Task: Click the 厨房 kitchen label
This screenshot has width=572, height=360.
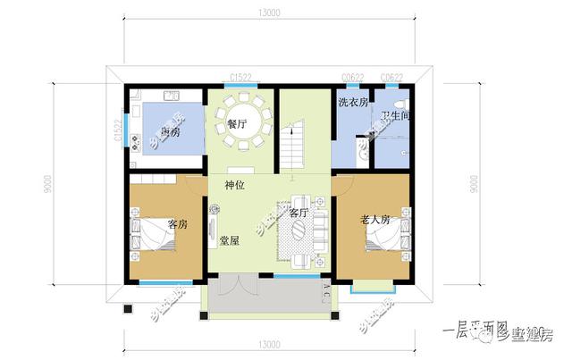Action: [x=167, y=131]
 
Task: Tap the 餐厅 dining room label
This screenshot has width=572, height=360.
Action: [x=237, y=124]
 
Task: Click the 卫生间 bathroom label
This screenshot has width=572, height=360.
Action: [x=393, y=116]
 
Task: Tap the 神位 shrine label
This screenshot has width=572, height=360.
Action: [x=235, y=185]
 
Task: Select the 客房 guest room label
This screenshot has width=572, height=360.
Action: [x=177, y=223]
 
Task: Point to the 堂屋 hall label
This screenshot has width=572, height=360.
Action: [x=228, y=240]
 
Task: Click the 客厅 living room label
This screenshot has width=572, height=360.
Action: [x=298, y=213]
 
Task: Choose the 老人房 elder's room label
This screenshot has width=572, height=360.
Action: [x=374, y=219]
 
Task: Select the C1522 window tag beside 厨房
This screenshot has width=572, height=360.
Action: [x=117, y=131]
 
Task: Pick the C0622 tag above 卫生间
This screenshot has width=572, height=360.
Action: [x=391, y=79]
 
